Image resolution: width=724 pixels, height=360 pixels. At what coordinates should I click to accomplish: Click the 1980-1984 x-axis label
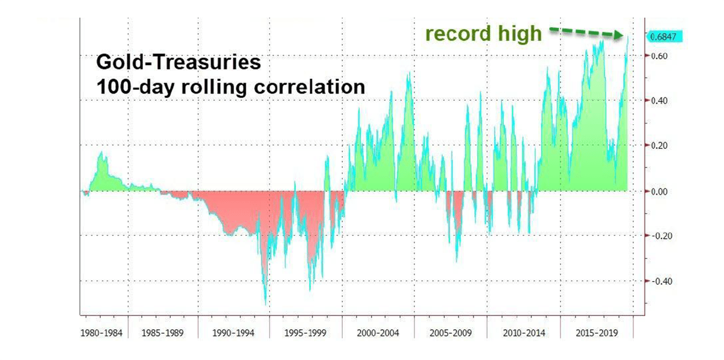click(103, 333)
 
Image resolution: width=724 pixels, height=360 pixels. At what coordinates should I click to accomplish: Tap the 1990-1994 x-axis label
click(233, 333)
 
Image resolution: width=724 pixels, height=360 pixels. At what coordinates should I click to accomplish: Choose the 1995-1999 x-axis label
click(306, 333)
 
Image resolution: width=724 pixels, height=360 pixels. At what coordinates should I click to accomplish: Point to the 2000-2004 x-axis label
click(378, 333)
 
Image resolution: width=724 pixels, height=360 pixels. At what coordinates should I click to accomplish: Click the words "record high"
click(483, 34)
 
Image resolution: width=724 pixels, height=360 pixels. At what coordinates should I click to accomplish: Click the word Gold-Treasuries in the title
click(179, 62)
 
